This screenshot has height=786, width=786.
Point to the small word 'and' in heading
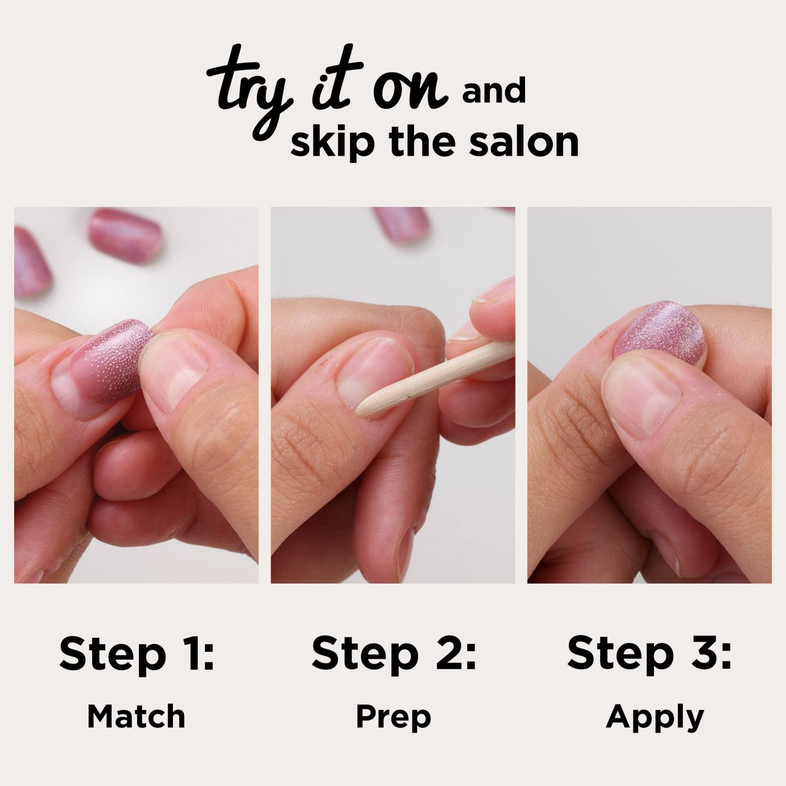(x=494, y=92)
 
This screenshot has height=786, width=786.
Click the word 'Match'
(x=136, y=716)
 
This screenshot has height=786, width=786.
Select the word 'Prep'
(x=393, y=716)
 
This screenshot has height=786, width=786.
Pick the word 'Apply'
(x=654, y=716)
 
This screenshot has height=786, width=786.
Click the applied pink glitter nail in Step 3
(x=663, y=333)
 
